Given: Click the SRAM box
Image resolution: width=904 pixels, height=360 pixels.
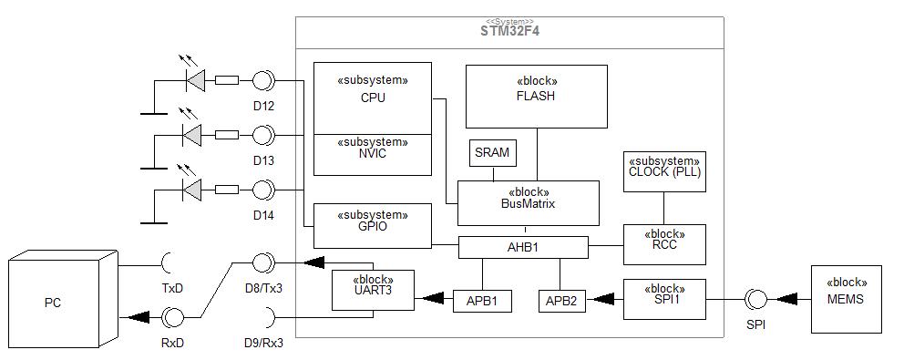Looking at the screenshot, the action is pos(493,153).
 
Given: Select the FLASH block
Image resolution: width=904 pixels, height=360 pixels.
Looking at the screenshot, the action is pos(536,97).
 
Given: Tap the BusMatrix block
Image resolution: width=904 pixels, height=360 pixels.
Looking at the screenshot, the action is pos(529,203).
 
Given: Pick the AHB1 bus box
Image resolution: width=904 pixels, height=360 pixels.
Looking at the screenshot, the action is pos(523,248).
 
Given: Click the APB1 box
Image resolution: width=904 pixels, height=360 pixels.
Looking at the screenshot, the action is pos(482,301).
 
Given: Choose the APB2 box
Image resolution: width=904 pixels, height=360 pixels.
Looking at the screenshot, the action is pos(562,301).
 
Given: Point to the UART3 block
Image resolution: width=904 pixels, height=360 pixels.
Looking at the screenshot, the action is pos(373,290).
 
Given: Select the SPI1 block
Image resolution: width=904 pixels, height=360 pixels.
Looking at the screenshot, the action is pos(664,299).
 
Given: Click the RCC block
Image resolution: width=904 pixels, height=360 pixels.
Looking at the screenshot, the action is pos(664,244).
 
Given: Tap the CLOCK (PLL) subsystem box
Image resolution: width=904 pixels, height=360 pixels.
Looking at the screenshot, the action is pos(664,171).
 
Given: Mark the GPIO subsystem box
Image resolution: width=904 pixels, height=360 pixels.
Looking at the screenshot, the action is pos(373,226).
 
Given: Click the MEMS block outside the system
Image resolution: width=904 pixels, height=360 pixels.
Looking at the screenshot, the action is pos(847,299).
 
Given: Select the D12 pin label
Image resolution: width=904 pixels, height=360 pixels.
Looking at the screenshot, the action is pos(263,106).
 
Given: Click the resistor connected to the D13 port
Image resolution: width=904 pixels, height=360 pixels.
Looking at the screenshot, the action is pos(227,134).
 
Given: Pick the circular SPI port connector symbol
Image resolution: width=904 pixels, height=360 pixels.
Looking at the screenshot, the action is pos(755,299).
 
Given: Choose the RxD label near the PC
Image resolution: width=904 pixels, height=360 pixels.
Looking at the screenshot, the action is pos(172,343).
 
